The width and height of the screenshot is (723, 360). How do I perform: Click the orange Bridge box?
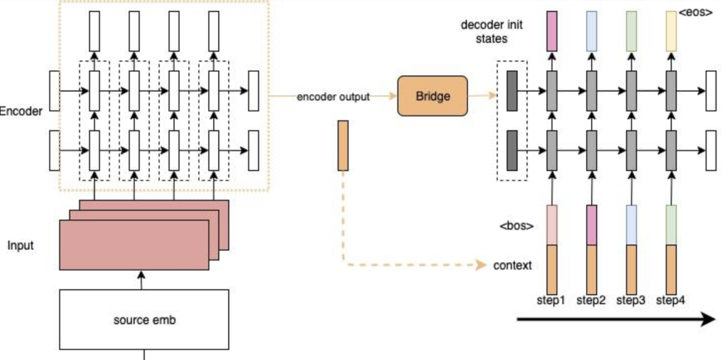(x=433, y=96)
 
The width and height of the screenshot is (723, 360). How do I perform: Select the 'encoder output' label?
(x=333, y=97)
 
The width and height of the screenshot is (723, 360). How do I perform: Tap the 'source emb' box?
(x=144, y=320)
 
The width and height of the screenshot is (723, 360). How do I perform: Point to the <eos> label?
(x=696, y=13)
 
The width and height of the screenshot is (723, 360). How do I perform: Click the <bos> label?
(x=517, y=226)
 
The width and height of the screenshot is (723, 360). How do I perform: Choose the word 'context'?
(x=512, y=265)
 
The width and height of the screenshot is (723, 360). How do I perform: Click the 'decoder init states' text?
(x=492, y=31)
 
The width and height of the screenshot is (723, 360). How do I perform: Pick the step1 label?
(x=551, y=300)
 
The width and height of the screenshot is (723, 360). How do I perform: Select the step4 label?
(x=671, y=300)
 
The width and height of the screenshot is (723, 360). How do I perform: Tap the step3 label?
(x=631, y=300)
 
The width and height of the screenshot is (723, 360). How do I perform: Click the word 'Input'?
(x=21, y=245)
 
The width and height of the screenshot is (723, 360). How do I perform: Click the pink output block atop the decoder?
(x=552, y=31)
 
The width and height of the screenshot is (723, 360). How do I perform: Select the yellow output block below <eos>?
(x=671, y=31)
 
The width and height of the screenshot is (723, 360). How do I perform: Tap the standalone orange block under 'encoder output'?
(x=343, y=145)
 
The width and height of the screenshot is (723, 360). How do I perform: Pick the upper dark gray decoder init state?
(x=512, y=90)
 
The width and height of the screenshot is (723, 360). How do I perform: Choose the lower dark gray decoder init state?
(x=512, y=150)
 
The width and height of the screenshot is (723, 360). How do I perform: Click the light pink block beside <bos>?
(x=552, y=225)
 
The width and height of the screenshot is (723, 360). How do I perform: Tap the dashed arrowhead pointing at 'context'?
(x=481, y=265)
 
